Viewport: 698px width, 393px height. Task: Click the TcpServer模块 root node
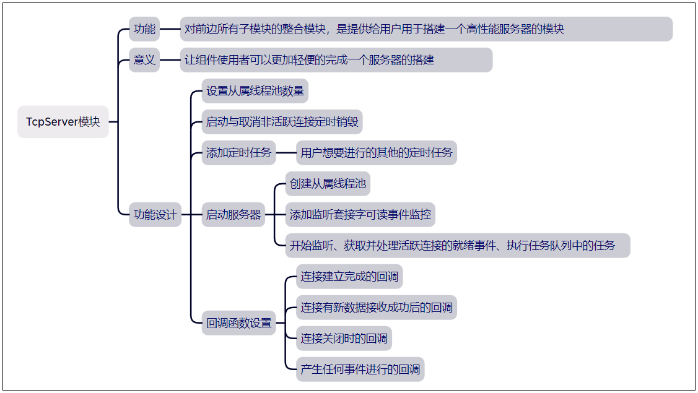(63, 122)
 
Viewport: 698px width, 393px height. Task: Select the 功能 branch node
(144, 29)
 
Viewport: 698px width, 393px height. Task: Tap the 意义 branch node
(144, 60)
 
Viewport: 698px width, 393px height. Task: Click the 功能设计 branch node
(155, 215)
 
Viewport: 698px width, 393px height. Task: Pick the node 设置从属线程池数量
(255, 91)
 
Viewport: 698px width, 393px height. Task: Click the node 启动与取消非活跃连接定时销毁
(282, 122)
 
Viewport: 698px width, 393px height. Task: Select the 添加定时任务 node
(239, 153)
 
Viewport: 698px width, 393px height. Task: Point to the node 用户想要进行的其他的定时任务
(377, 153)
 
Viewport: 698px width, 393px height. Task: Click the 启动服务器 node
(233, 215)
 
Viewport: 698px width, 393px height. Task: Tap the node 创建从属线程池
(328, 184)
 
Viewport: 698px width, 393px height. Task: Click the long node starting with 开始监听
(458, 246)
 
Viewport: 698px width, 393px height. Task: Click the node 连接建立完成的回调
(349, 277)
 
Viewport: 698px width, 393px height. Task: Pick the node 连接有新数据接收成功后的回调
(376, 308)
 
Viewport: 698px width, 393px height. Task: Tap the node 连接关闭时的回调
(344, 339)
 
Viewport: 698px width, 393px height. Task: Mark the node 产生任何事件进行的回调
(360, 369)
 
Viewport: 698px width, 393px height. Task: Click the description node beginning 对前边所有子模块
(426, 29)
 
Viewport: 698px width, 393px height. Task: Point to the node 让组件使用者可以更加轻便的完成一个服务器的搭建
(336, 60)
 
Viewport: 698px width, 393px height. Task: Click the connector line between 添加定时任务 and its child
(286, 153)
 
